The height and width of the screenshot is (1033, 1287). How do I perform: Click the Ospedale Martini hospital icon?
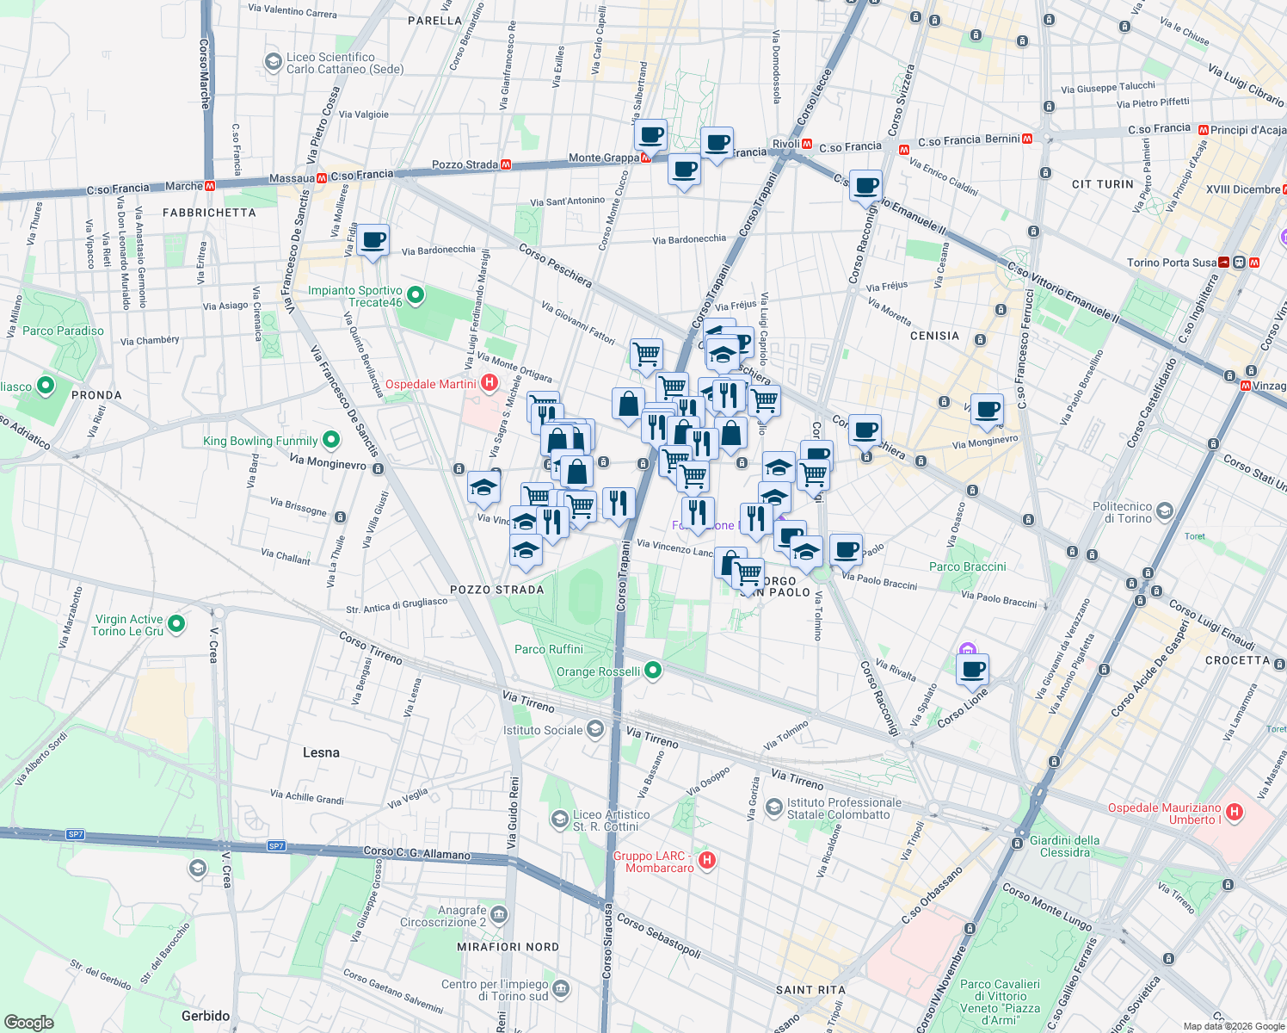[x=489, y=383]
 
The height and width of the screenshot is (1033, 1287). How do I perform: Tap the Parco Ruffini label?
[x=549, y=649]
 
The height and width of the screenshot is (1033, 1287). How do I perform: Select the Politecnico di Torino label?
[x=1122, y=512]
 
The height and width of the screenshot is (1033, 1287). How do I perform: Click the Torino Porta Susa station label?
[x=1172, y=263]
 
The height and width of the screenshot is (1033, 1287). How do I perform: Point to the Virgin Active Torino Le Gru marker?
[x=176, y=623]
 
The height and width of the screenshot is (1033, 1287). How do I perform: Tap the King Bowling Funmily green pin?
[x=331, y=441]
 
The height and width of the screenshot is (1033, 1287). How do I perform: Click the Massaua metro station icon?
[x=322, y=178]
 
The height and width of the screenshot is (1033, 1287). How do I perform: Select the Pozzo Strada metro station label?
[x=465, y=164]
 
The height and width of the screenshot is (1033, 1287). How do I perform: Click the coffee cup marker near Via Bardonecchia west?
[x=373, y=240]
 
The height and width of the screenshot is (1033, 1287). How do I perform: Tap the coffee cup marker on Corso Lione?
[x=972, y=669]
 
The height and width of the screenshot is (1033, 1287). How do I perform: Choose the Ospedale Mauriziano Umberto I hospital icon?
[x=1235, y=812]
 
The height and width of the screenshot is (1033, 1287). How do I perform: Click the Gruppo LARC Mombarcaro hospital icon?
[x=706, y=860]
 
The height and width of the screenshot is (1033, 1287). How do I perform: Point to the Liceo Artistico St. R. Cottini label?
[x=612, y=820]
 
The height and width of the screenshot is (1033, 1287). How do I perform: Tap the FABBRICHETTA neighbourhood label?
[x=209, y=213]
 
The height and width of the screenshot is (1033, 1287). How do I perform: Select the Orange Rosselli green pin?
[x=653, y=670]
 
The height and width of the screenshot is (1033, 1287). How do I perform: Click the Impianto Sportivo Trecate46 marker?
[x=416, y=296]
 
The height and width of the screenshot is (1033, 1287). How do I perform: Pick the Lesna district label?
[x=321, y=752]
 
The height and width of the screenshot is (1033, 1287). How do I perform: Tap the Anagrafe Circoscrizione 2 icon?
[x=499, y=914]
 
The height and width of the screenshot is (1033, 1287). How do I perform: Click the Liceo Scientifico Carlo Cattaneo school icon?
[x=273, y=62]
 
